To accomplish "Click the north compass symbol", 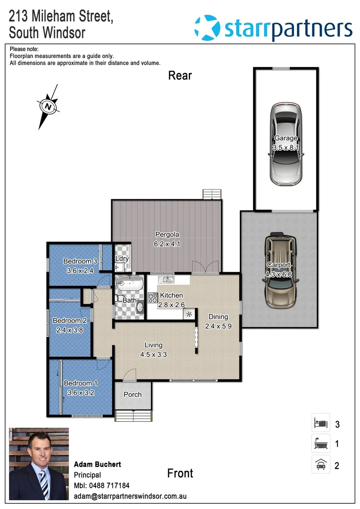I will (48, 107).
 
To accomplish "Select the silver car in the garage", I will (286, 144).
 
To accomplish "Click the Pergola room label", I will (167, 234).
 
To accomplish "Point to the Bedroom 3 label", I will (80, 261).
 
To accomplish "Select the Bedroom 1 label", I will (81, 383).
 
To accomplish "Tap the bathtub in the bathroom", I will (130, 285).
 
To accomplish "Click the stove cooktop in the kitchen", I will (153, 297).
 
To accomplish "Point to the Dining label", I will (219, 317).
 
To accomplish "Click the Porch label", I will (132, 394).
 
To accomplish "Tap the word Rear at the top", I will (180, 75).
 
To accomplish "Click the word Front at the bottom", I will (180, 473).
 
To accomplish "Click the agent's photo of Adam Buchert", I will (39, 464).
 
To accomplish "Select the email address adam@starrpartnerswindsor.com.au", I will (130, 496).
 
